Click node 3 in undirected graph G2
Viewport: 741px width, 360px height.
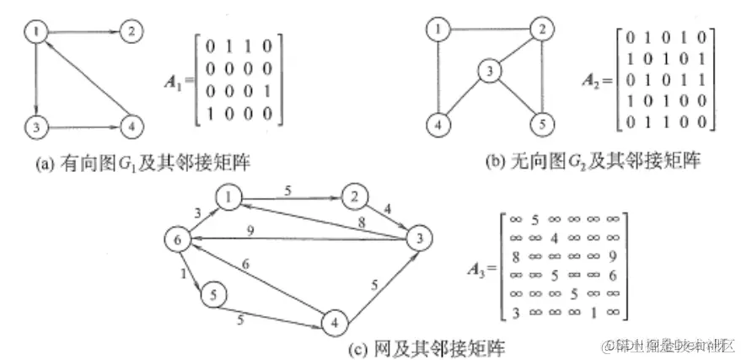[486, 73]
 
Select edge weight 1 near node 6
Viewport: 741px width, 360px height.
[185, 273]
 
